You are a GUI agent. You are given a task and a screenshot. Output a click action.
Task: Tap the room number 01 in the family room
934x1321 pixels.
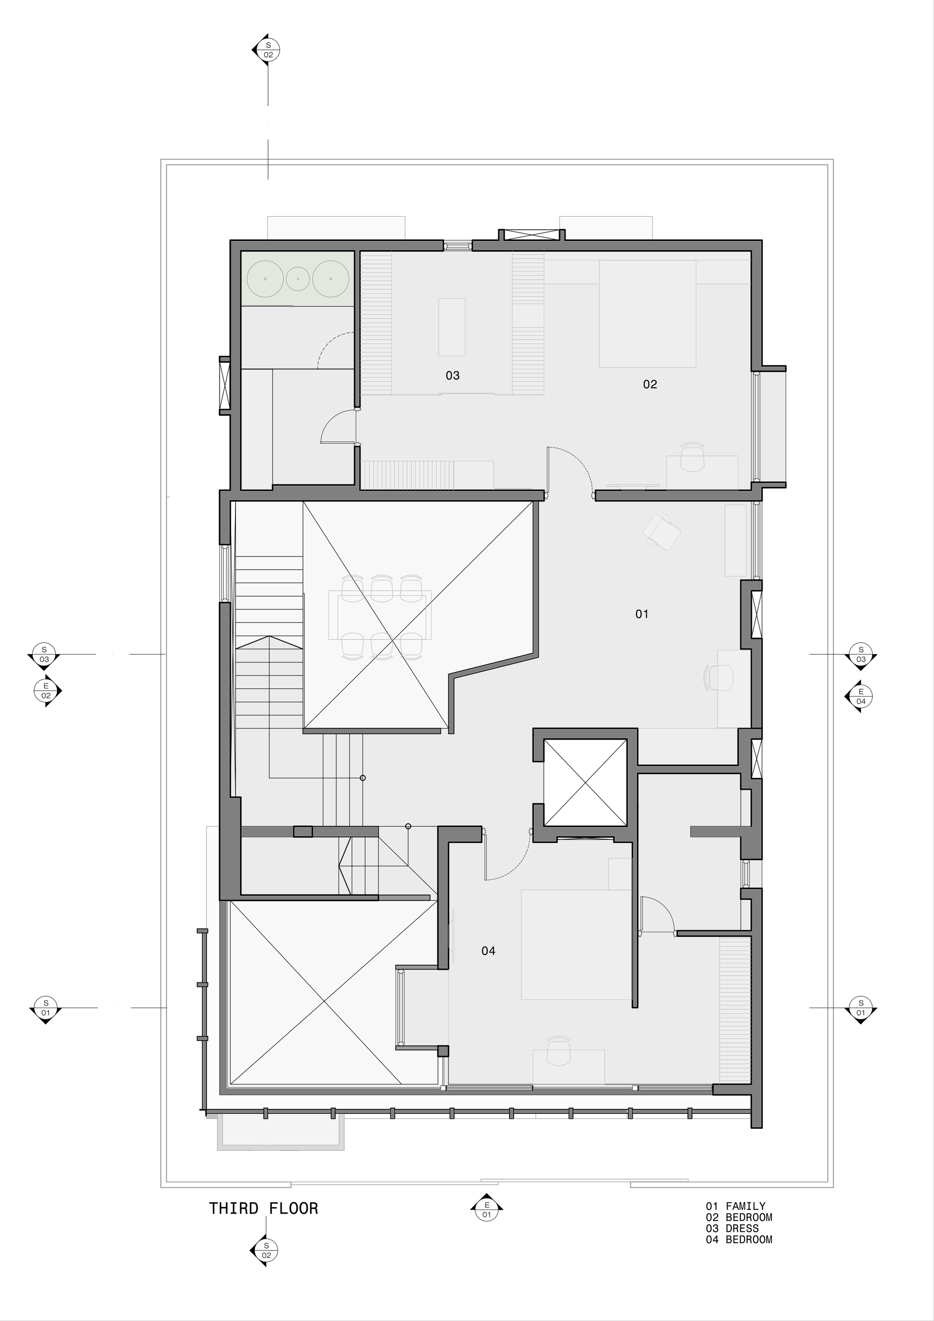click(642, 615)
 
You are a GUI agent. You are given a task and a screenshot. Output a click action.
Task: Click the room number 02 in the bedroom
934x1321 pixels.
click(650, 384)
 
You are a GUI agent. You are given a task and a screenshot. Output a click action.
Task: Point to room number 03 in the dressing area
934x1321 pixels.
click(453, 376)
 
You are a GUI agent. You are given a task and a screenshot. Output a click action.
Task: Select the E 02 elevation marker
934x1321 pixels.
click(46, 691)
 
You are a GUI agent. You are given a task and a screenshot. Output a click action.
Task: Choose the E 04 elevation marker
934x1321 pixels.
click(861, 697)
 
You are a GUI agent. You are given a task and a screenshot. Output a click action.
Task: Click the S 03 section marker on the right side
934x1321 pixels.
click(861, 655)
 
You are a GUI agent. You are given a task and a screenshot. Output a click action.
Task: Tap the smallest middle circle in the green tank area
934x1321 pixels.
click(298, 278)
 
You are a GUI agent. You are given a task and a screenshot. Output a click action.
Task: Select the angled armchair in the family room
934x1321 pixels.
click(662, 532)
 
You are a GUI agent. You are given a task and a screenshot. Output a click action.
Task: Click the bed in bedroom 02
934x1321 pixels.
click(647, 314)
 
